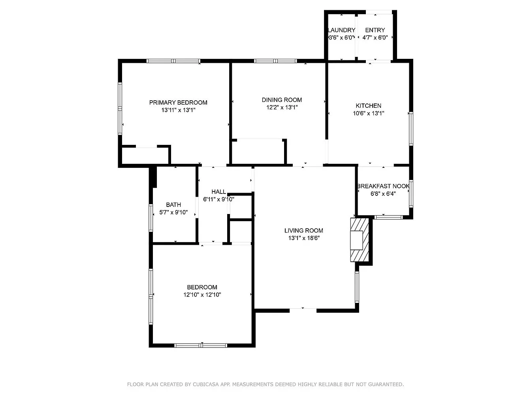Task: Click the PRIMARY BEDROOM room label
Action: (178, 102)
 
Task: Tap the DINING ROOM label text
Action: (282, 100)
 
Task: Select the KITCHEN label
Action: (368, 105)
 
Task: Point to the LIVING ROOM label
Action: (303, 231)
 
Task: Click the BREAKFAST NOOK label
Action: (383, 186)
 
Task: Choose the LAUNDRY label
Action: (341, 30)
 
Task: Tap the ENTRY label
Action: (375, 30)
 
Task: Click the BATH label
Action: (173, 205)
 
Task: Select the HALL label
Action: (219, 192)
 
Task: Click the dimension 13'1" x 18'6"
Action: (304, 238)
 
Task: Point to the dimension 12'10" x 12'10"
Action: (202, 295)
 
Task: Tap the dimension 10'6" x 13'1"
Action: (369, 113)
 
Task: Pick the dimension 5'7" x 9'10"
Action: (173, 212)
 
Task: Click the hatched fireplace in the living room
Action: (360, 240)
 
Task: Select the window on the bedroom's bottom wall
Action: (201, 345)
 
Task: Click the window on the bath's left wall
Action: (151, 218)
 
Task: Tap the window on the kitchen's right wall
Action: (411, 129)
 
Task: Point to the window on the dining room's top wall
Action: (275, 61)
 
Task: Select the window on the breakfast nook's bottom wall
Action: (388, 217)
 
